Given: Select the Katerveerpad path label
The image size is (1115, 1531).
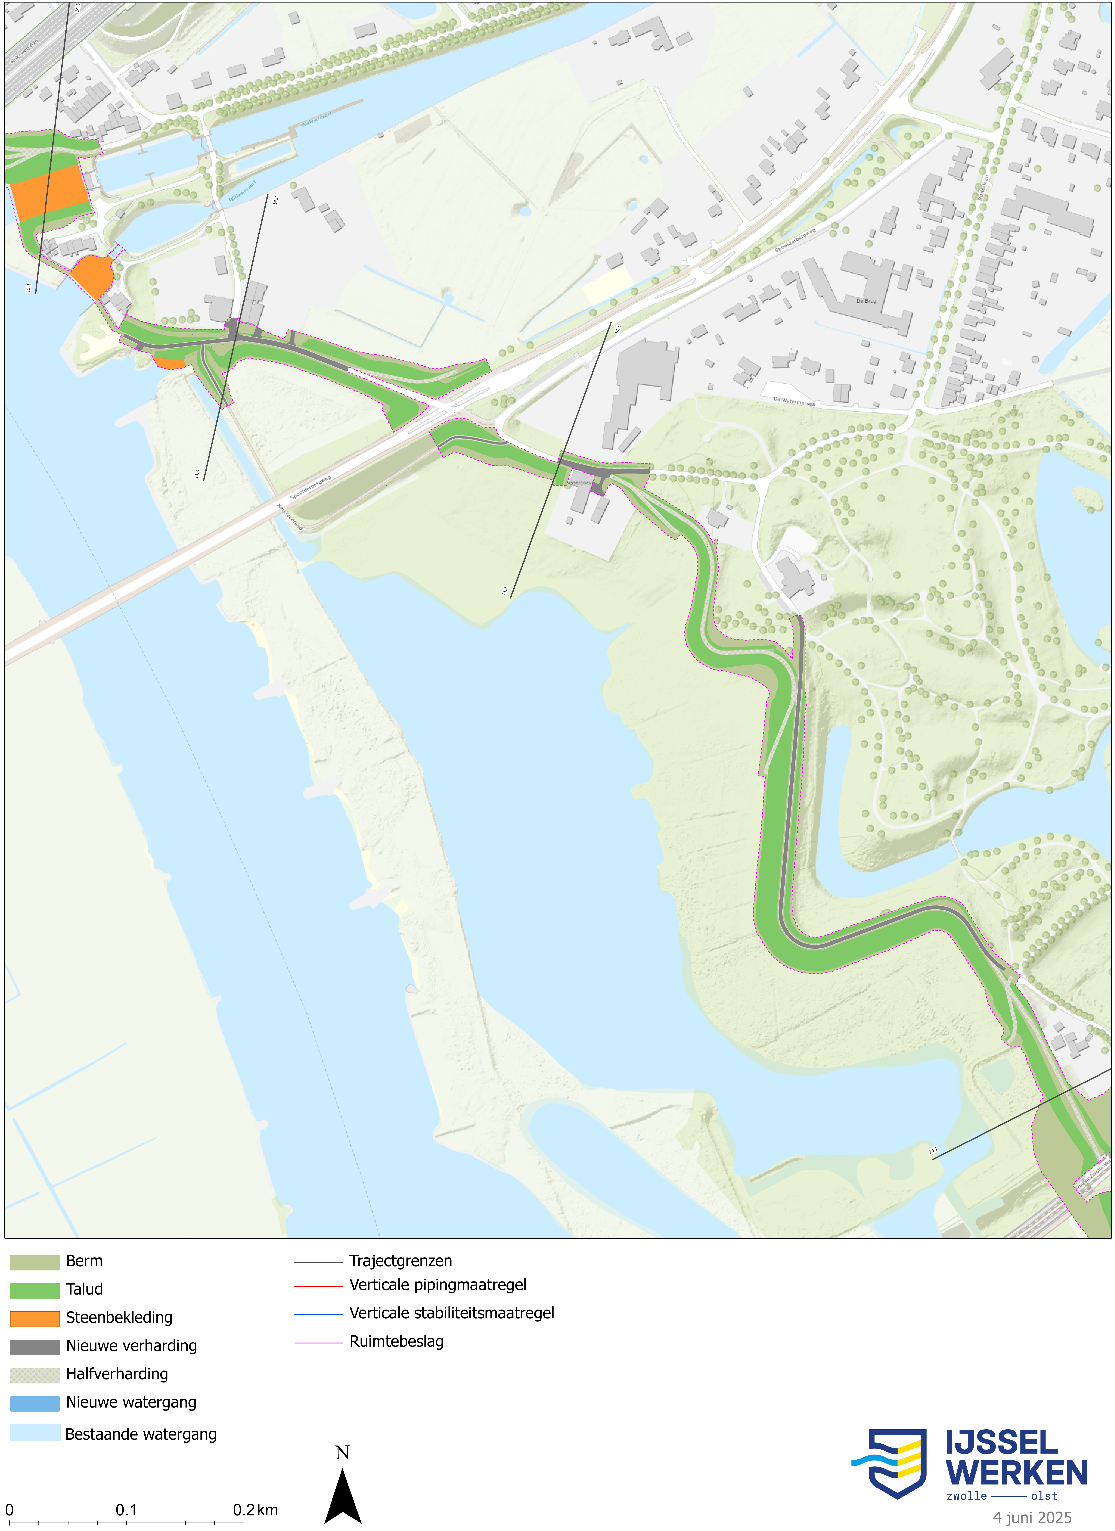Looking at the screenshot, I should click(x=289, y=516).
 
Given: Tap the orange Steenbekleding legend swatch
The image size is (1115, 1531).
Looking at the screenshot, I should click(x=34, y=1318).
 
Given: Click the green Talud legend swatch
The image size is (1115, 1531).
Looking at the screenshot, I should click(x=34, y=1290).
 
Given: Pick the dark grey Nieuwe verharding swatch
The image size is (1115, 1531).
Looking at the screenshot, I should click(x=34, y=1347).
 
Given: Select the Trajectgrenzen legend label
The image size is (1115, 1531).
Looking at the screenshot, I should click(x=401, y=1261).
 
